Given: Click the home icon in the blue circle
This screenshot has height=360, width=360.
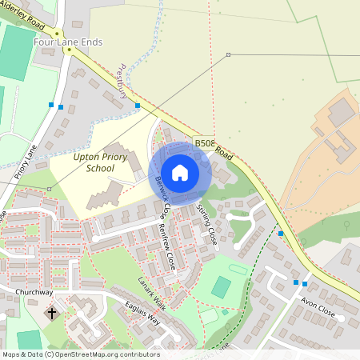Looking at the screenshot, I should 180,172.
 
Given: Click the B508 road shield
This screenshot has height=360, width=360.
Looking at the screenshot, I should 203,142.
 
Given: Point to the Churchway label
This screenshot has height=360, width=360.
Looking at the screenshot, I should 34,292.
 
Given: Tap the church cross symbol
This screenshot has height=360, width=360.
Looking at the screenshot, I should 53,314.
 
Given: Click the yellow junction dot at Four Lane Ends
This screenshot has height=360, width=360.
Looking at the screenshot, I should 69,50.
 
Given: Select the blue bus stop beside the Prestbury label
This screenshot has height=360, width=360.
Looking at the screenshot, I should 138,106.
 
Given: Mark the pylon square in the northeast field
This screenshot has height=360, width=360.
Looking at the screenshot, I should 228,54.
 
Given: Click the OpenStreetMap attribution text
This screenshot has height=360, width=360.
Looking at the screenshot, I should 80,354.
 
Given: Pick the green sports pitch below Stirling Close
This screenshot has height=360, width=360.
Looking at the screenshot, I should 221,287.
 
